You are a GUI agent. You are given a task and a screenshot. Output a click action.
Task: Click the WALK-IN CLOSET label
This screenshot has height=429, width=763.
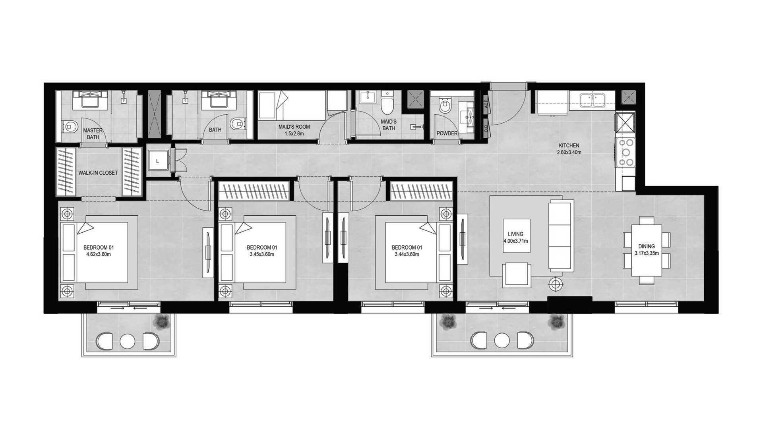98,173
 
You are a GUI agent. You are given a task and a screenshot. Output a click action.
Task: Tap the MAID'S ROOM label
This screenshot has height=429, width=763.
294,127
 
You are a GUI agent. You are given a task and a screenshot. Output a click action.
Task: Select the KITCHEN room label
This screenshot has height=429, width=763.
569,146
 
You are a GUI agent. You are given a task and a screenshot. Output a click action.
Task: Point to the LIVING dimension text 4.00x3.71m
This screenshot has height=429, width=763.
515,241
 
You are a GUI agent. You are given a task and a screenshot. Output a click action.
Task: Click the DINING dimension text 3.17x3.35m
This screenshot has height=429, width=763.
647,253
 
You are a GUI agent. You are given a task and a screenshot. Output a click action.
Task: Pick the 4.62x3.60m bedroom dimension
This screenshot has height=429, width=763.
97,254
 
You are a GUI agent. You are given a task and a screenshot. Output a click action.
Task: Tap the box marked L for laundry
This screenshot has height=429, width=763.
158,161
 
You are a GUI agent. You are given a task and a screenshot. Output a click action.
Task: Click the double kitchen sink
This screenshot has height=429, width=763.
592,99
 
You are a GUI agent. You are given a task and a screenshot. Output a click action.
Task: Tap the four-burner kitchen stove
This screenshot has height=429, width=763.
626,152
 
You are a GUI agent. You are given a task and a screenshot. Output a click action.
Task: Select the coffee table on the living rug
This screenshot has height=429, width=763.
516,236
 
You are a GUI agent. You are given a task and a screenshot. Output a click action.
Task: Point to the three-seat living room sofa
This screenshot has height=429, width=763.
561,236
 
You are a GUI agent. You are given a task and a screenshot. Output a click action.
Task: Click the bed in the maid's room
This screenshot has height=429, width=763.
291,105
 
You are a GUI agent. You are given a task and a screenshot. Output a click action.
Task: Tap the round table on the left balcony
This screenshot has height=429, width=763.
128,341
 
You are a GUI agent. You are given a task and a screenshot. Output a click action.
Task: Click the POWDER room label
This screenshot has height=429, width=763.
447,133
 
